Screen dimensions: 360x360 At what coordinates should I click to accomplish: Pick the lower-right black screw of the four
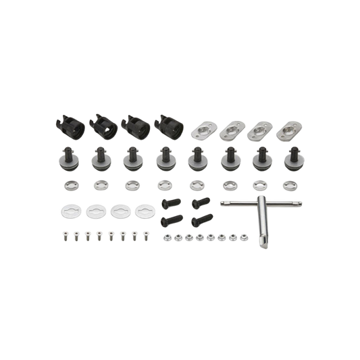[x=197, y=219]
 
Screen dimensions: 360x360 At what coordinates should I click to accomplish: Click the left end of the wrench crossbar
[x=222, y=202]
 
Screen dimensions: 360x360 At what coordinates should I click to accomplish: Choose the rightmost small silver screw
[x=144, y=236]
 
